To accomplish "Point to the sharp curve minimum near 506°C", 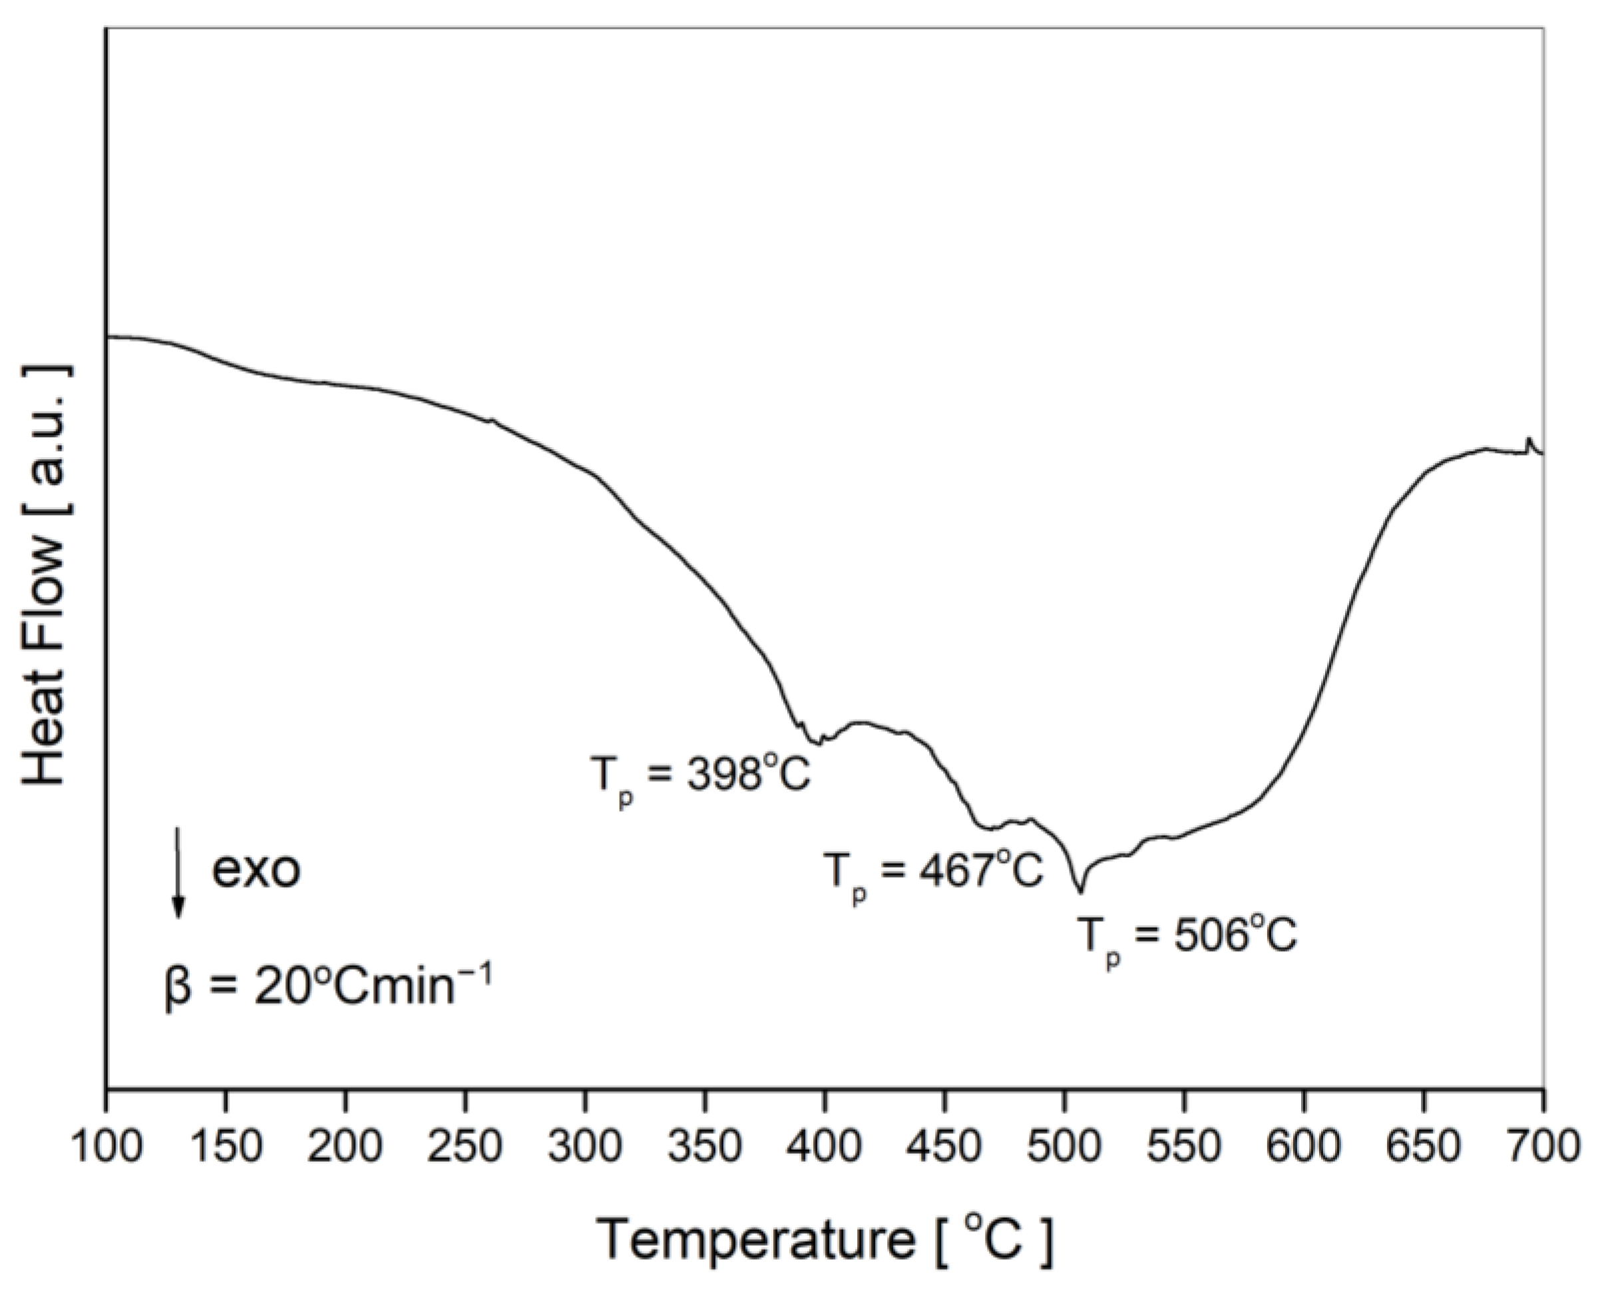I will coord(1080,891).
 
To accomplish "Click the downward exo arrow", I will coord(178,871).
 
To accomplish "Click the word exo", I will coord(256,871).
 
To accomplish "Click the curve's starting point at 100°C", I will coord(109,337).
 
